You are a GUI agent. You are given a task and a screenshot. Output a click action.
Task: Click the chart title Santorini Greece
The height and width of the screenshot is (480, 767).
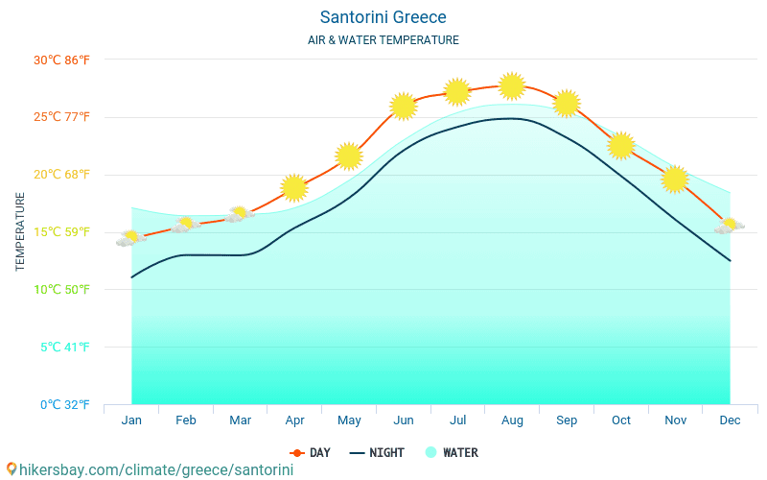(383, 17)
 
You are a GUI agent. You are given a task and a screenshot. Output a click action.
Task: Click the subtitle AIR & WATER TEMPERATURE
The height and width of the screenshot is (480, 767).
(383, 40)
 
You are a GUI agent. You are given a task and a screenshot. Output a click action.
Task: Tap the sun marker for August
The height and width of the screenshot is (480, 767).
(512, 85)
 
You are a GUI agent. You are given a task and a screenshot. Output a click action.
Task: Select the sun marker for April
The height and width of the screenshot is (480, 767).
(294, 187)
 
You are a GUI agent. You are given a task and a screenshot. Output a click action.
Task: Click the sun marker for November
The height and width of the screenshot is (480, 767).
(675, 179)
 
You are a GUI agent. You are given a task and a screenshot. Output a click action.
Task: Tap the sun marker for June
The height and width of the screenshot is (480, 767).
(404, 106)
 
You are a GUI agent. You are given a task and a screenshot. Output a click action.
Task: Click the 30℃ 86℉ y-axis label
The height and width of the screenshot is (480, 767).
(61, 60)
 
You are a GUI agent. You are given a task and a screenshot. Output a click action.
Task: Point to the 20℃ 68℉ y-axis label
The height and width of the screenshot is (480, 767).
(61, 175)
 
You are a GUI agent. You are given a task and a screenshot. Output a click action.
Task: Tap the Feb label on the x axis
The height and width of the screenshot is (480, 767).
(186, 420)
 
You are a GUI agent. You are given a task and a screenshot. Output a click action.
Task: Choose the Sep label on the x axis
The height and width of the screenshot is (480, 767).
(567, 420)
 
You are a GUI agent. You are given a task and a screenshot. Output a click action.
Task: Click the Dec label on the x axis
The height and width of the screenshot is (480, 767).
(730, 420)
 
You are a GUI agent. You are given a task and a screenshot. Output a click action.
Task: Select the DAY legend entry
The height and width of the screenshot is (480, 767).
(311, 452)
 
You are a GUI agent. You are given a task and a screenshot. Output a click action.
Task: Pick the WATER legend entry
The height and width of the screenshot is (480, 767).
(452, 452)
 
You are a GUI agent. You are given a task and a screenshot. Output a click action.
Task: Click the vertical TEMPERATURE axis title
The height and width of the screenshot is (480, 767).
(21, 231)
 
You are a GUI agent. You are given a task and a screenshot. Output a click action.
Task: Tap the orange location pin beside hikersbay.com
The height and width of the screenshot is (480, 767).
(12, 469)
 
